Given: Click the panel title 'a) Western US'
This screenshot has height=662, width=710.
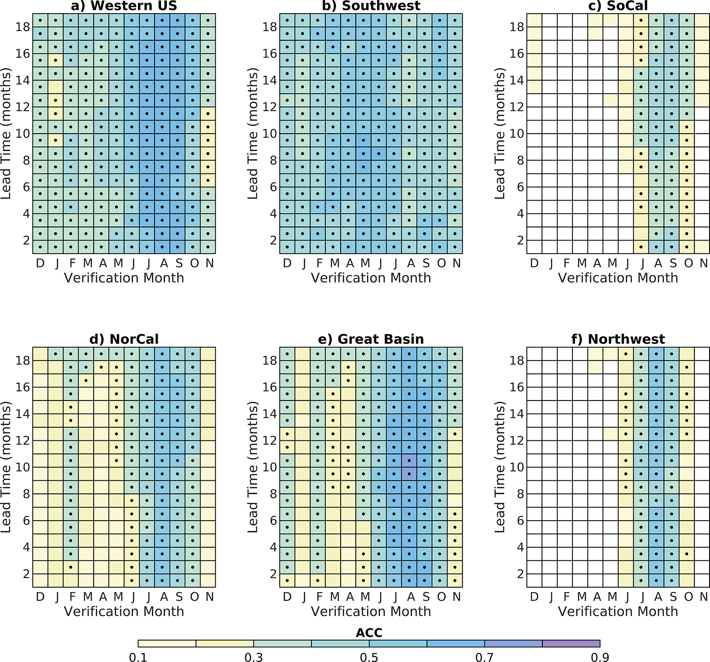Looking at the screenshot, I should tap(124, 6).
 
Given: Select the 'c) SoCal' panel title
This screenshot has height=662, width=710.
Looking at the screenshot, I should tap(618, 6).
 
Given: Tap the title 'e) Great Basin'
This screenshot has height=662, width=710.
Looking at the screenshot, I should tap(371, 339).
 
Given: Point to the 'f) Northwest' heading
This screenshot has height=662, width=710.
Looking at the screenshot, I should tap(618, 339).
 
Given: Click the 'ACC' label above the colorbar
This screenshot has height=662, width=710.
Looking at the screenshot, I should tap(369, 633).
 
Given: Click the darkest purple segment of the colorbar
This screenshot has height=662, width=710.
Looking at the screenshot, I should tap(571, 643).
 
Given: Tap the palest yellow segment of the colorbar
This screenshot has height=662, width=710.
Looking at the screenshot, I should tap(167, 643).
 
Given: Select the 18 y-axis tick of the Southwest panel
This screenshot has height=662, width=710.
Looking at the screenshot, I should tap(270, 27).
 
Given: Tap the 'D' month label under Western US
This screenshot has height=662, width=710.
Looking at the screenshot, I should tap(40, 263).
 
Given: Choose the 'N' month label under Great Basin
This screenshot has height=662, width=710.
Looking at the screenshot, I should tap(456, 597).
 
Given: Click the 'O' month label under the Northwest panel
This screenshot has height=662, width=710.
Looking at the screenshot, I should tap(688, 597).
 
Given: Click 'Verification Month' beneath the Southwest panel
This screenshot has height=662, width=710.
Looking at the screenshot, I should tap(371, 278).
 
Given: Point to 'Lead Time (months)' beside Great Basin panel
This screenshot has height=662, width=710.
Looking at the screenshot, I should tap(252, 467).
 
